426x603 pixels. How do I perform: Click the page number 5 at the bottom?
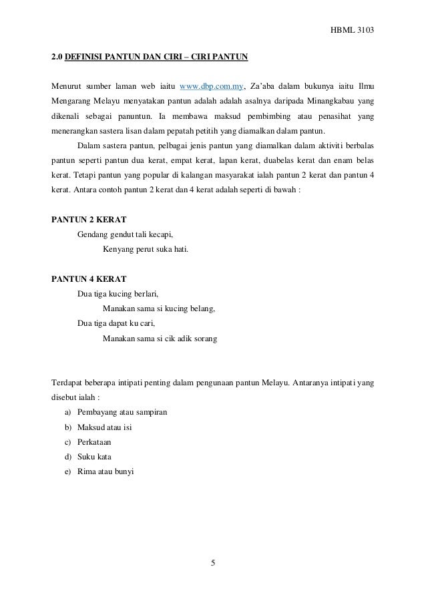click(213, 562)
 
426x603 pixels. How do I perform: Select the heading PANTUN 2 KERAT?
click(89, 219)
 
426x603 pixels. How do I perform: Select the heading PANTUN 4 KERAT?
click(89, 278)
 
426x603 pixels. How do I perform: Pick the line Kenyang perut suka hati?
click(146, 250)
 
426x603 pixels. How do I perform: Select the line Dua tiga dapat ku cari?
click(116, 324)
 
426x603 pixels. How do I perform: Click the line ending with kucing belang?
click(159, 309)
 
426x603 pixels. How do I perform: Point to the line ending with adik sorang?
click(160, 339)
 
